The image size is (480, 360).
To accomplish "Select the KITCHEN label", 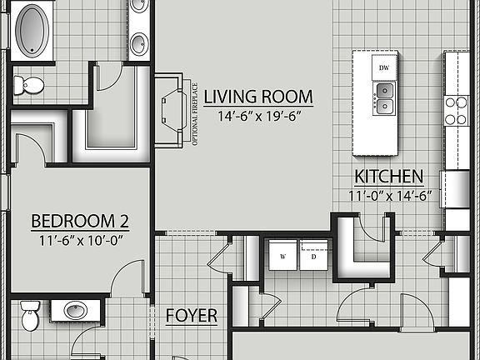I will (389, 177).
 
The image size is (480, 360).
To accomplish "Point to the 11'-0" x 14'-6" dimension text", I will (389, 196).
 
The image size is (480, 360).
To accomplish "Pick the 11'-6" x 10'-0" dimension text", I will (80, 240).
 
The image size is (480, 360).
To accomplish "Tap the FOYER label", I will (191, 316).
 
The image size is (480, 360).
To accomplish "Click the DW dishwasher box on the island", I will (384, 67).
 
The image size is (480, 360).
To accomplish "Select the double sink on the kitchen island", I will (384, 97).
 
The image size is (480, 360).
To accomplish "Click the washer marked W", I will (282, 257).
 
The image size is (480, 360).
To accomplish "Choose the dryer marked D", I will (315, 257).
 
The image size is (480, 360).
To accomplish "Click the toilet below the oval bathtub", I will (31, 84).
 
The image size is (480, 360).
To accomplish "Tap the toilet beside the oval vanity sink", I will (29, 317).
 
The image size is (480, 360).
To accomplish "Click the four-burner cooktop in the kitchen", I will (457, 110).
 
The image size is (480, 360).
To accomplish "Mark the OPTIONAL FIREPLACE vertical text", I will (195, 113).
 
